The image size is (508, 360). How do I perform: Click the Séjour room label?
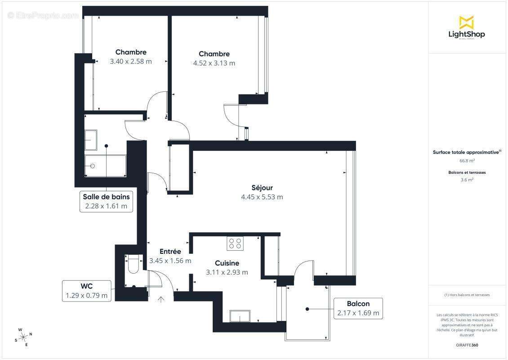[262, 188]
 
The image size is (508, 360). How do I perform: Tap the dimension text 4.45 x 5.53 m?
[262, 197]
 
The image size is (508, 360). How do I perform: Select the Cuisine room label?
[227, 263]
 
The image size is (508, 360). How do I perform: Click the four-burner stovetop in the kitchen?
[235, 243]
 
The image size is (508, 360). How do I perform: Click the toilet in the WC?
[134, 265]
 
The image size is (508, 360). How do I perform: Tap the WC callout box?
[86, 291]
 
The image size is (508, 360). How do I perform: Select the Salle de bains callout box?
[106, 202]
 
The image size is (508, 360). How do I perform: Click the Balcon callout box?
[358, 308]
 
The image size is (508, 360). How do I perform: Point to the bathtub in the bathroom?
[106, 166]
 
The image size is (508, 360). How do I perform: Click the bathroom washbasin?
[91, 140]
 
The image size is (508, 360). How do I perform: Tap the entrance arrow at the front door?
[161, 298]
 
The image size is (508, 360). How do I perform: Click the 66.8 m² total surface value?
[467, 161]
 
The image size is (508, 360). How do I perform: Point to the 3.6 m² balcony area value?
[467, 180]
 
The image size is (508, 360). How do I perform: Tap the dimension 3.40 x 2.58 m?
[131, 61]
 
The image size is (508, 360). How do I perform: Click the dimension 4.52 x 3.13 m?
[214, 63]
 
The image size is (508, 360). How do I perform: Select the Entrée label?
[170, 252]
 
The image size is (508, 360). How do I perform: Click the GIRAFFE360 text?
[467, 345]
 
